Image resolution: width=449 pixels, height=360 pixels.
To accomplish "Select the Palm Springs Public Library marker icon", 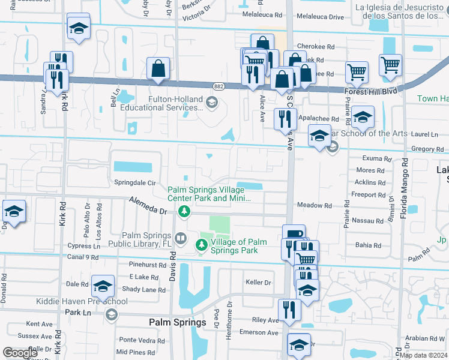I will tap(180, 239).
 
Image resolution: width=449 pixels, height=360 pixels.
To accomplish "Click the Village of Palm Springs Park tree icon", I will tap(201, 245).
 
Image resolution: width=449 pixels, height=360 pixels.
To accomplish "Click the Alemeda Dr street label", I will tap(146, 208).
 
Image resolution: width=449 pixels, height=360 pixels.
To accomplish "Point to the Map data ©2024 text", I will tap(423, 355).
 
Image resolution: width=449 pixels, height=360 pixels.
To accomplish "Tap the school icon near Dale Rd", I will tap(103, 286).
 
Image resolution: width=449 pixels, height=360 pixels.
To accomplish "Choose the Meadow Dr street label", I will tap(314, 205).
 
